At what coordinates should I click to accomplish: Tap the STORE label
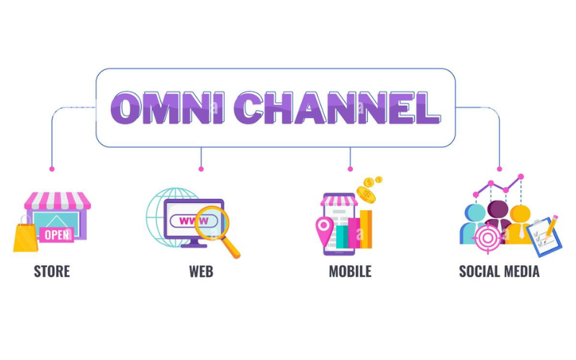click(x=52, y=271)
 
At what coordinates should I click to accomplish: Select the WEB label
click(x=201, y=271)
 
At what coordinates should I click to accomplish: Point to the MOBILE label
click(x=350, y=271)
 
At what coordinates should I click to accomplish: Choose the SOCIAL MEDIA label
click(x=499, y=271)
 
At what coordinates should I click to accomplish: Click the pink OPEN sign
click(x=56, y=234)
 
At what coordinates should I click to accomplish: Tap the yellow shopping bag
click(x=25, y=237)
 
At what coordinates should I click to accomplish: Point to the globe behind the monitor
click(x=160, y=209)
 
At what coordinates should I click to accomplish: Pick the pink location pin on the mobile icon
click(x=324, y=229)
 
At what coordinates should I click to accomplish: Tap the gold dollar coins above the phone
click(x=368, y=189)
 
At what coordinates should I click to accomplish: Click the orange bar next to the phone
click(x=366, y=228)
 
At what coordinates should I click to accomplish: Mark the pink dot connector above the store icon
click(x=52, y=168)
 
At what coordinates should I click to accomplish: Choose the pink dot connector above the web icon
click(x=201, y=168)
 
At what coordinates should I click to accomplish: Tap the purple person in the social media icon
click(x=498, y=214)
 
